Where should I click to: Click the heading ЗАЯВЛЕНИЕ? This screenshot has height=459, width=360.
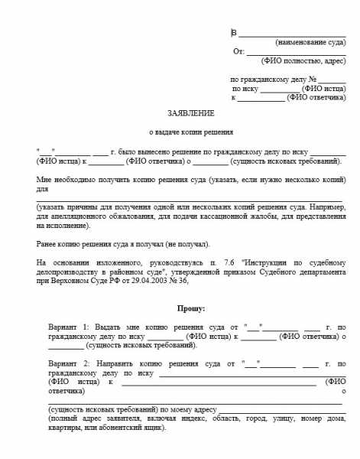click(185, 112)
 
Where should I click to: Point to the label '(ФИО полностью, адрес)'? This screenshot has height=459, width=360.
click(303, 60)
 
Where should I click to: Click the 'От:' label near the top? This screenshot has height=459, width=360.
click(238, 51)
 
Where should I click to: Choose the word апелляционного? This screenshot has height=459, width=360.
click(78, 216)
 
